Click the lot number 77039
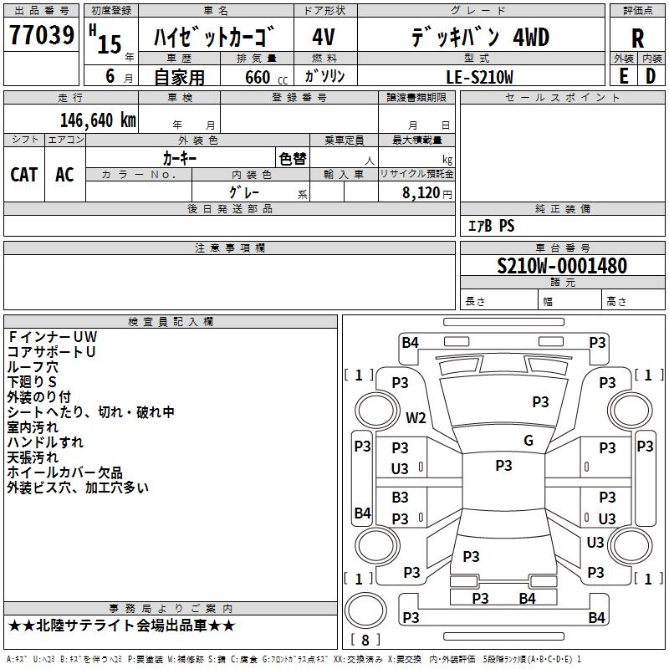41,35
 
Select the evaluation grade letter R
637,38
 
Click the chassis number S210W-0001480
561,266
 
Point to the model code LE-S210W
480,77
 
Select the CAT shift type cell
23,174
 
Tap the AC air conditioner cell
64,174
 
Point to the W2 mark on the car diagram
416,417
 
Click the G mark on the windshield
528,441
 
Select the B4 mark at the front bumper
410,341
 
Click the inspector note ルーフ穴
34,366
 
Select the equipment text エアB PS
491,226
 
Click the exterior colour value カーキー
179,157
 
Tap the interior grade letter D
650,76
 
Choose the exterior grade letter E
624,76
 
